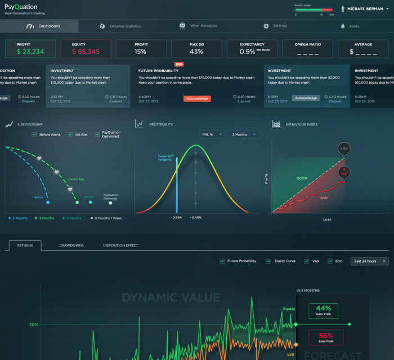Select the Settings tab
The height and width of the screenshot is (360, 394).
point(275,26)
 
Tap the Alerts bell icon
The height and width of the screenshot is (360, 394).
point(343,26)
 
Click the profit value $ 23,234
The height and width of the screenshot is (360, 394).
point(30,52)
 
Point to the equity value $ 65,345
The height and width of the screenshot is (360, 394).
point(86,52)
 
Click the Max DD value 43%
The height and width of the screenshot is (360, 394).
point(196,52)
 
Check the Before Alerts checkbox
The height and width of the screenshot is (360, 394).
point(34,134)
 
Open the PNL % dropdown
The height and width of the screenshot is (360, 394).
point(212,134)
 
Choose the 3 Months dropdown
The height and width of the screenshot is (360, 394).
point(244,134)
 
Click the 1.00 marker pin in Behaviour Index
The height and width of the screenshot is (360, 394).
point(344,148)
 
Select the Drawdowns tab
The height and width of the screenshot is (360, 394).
point(71,245)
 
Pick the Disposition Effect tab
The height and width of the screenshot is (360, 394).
point(120,245)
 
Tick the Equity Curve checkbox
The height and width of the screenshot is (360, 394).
point(268,261)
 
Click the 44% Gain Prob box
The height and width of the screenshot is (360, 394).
point(323,310)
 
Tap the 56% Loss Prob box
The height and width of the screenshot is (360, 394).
point(326,337)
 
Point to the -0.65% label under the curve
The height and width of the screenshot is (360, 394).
point(177,217)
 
